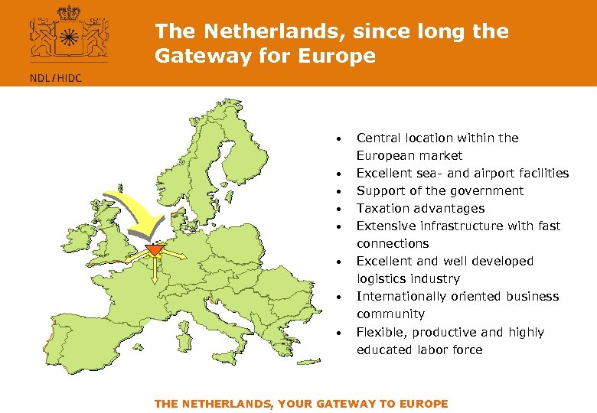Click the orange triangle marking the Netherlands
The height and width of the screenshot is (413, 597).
tap(155, 250)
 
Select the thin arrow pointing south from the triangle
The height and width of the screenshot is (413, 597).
tap(155, 271)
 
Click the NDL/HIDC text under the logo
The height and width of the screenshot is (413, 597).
tap(55, 77)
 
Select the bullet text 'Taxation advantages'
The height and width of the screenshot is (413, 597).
tap(420, 208)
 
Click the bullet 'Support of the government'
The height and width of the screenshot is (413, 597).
tap(440, 190)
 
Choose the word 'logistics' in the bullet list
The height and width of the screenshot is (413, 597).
tap(381, 278)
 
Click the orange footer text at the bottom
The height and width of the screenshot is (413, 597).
tap(301, 404)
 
